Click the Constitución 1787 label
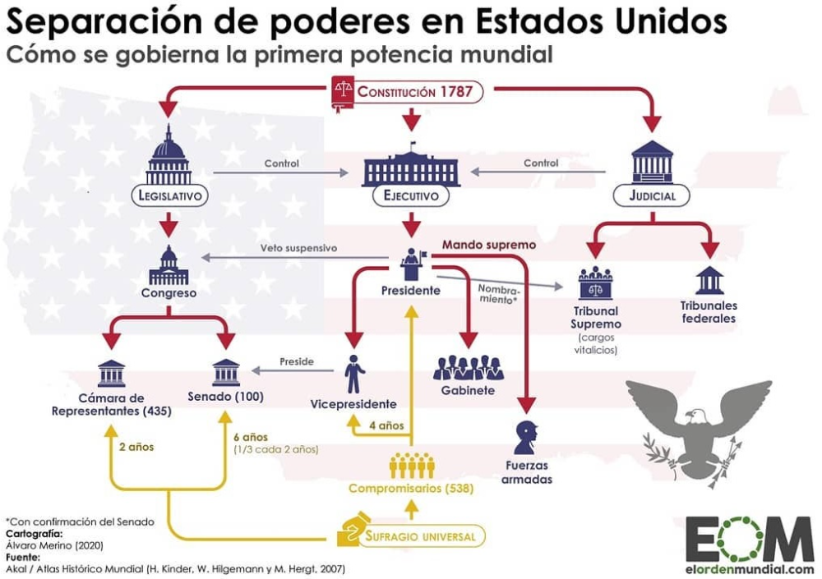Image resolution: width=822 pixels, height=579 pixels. tap(415, 92)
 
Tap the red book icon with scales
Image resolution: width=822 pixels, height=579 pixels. tap(343, 94)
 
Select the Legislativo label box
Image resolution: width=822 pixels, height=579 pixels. tap(169, 195)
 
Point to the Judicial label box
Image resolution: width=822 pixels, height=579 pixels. tap(652, 195)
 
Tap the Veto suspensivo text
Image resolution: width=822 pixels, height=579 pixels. tap(299, 248)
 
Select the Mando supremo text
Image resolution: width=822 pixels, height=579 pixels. tap(489, 245)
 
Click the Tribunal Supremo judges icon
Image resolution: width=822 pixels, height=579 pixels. tap(595, 283)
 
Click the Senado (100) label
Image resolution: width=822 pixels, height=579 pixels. tap(225, 397)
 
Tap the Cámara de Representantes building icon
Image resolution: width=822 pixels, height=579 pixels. tap(112, 373)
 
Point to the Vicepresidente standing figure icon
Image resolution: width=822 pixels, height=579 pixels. tap(354, 374)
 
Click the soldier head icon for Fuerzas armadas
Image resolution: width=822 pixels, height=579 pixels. tap(527, 437)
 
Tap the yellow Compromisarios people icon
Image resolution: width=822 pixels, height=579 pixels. tap(412, 465)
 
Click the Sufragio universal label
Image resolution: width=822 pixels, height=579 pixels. tap(420, 536)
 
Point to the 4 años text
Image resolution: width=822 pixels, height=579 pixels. tap(386, 425)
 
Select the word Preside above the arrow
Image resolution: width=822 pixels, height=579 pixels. tap(297, 361)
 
